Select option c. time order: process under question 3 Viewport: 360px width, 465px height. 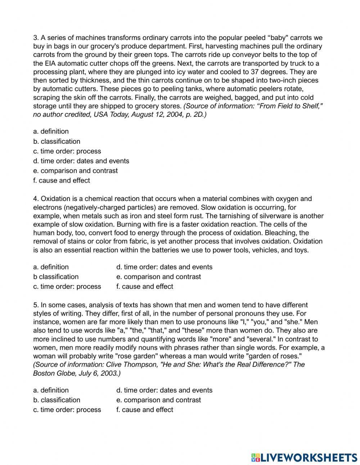[67, 151]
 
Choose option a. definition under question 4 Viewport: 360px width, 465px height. [51, 267]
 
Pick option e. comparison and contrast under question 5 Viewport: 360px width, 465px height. [158, 400]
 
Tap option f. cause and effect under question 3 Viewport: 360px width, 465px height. [62, 180]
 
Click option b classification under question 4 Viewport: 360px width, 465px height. [56, 277]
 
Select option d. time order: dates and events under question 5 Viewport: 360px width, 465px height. [164, 390]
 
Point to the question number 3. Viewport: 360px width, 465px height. [36, 38]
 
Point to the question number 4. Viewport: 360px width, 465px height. [36, 199]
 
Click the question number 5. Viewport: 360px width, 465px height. [36, 305]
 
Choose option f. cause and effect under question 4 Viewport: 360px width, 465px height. [145, 286]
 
